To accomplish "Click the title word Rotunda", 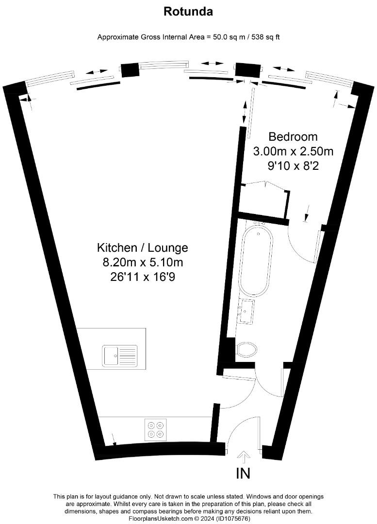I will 188,12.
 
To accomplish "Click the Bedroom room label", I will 293,137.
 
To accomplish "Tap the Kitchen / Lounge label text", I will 143,248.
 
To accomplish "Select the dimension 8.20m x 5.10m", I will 143,263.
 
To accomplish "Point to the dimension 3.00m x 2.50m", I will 293,151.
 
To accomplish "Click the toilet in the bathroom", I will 246,349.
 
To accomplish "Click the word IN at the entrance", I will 243,474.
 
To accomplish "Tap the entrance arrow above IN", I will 244,456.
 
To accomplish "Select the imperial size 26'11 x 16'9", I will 143,278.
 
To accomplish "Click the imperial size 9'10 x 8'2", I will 293,165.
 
